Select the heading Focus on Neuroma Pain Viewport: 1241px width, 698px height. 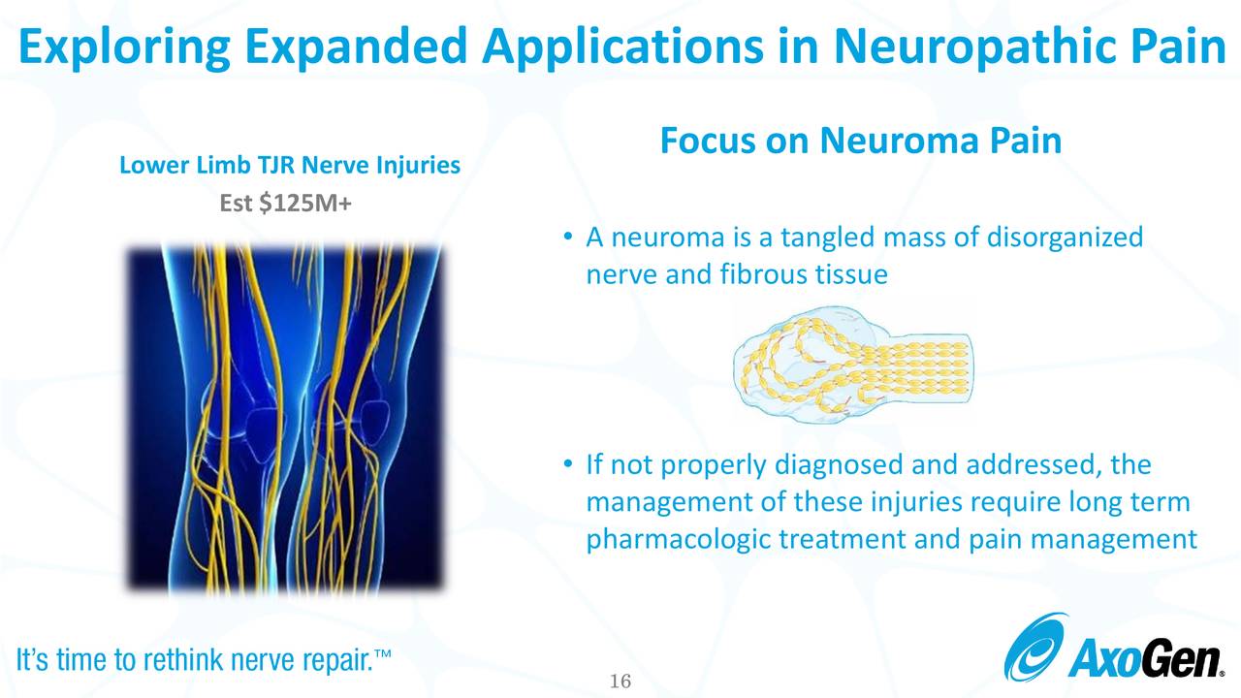coord(860,142)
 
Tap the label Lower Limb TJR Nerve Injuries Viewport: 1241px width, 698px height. coord(289,166)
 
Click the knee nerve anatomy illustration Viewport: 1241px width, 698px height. coord(286,419)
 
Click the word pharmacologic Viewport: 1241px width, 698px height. coord(678,539)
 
